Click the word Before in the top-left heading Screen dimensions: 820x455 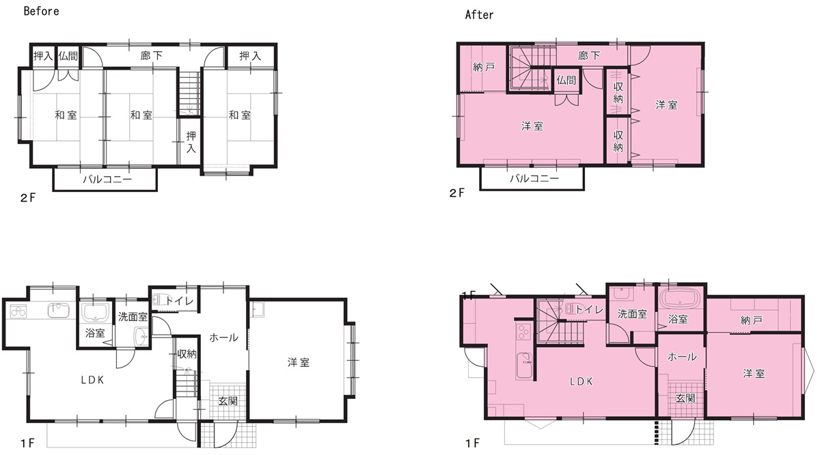point(42,12)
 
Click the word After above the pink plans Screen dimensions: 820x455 point(479,15)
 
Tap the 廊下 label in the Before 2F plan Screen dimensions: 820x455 point(151,55)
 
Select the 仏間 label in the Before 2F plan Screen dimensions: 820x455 point(68,56)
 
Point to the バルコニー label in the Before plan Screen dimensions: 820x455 point(107,180)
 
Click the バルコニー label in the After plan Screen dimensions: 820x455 point(534,178)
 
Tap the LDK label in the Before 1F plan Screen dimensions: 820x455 point(93,381)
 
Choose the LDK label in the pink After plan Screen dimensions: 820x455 point(582,382)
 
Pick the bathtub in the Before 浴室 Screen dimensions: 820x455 point(95,313)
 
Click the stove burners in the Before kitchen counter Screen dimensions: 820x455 point(18,312)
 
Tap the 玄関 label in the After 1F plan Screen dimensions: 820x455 point(685,398)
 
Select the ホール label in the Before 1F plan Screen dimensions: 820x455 point(223,337)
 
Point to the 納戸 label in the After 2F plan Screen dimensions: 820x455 point(484,68)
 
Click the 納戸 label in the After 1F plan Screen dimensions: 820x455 point(751,320)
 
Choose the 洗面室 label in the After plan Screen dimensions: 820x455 point(632,314)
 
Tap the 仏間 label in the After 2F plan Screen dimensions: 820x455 point(566,80)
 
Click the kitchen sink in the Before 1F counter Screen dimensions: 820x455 point(59,310)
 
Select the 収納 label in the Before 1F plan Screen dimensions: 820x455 point(187,354)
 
